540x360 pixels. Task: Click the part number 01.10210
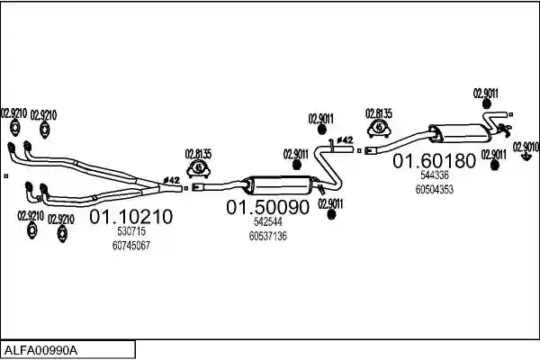[x=130, y=217]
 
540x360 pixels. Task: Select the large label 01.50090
[x=268, y=207]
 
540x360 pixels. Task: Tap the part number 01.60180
[x=435, y=160]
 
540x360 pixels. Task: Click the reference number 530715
[x=131, y=231]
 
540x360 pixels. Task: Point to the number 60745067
[x=131, y=246]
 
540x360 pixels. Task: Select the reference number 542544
[x=268, y=221]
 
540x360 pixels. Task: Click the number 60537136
[x=268, y=237]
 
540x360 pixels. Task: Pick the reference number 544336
[x=435, y=175]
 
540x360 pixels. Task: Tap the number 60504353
[x=435, y=190]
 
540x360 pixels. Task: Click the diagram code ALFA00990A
[x=41, y=351]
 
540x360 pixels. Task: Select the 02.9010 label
[x=526, y=147]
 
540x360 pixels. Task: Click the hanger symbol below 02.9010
[x=526, y=157]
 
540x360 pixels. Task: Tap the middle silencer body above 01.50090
[x=280, y=186]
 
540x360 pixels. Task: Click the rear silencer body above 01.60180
[x=461, y=134]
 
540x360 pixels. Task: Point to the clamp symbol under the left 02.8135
[x=198, y=169]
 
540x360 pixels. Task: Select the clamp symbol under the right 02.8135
[x=379, y=128]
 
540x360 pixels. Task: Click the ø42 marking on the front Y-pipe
[x=172, y=180]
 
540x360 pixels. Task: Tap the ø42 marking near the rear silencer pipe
[x=345, y=139]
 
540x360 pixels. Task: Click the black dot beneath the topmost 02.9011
[x=486, y=103]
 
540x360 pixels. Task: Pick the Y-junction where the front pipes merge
[x=151, y=186]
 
